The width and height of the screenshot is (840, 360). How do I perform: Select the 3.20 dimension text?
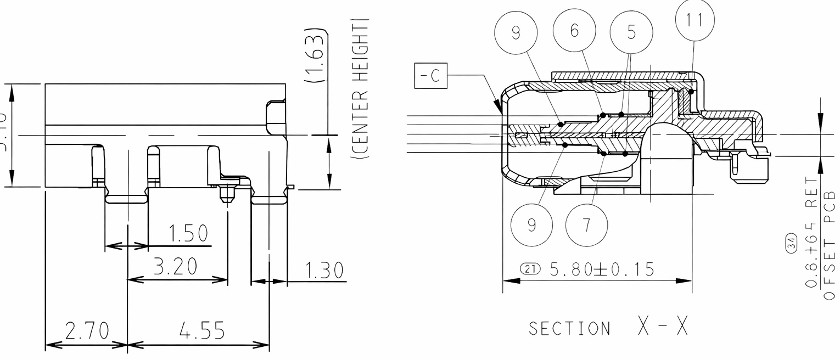pos(176,267)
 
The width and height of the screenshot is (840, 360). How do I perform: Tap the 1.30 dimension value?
pos(324,271)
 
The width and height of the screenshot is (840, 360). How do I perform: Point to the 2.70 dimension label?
pos(87,331)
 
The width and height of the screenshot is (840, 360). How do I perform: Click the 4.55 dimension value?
pos(202,331)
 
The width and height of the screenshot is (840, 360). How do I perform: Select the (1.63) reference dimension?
pos(316,55)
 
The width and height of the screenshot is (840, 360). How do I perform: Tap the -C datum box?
pos(431,76)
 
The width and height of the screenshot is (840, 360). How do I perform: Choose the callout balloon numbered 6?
pos(574,31)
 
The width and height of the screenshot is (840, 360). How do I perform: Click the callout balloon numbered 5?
pos(631,33)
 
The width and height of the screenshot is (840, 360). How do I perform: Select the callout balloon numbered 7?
pos(586,226)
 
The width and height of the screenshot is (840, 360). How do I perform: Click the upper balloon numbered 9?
pos(516,33)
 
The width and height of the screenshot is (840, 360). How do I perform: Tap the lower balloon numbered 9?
pos(531,226)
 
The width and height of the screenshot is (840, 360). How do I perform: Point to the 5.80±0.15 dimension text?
pos(602,269)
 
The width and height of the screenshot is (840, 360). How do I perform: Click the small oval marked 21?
pos(530,269)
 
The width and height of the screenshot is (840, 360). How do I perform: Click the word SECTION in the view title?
pos(569,329)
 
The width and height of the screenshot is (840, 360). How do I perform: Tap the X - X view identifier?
pos(662,327)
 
